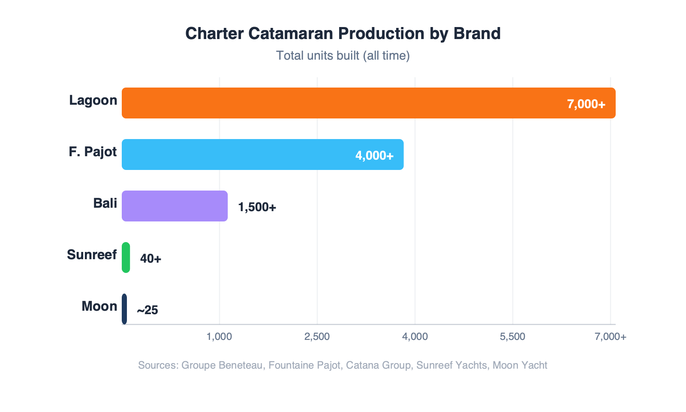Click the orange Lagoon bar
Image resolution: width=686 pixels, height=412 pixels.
coord(343,103)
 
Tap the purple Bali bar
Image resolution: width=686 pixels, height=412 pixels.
coord(175,206)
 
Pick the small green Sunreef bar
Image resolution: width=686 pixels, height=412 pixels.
coord(126,257)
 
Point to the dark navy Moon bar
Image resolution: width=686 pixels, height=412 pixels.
coord(124,309)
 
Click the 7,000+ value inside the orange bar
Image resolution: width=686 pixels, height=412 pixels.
coord(586,104)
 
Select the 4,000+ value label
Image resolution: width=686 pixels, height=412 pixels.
coord(374,156)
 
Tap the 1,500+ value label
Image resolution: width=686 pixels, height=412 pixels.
coord(257,207)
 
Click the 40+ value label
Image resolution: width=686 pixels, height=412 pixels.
coord(150,259)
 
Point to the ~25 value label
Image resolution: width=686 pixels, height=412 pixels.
coord(147,310)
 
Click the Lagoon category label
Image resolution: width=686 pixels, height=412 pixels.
coord(93,100)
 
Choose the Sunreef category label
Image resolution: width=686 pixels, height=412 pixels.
coord(92,255)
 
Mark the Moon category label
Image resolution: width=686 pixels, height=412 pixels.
coord(99,306)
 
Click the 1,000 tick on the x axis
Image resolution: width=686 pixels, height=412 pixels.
coord(219,337)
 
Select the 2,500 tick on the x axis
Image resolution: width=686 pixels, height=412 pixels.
coord(317,337)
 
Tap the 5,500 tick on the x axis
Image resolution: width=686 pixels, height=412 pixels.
coord(512,337)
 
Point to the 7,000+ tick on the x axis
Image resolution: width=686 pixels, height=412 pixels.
coord(610,337)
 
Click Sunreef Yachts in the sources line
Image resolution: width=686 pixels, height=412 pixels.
coord(451,365)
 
